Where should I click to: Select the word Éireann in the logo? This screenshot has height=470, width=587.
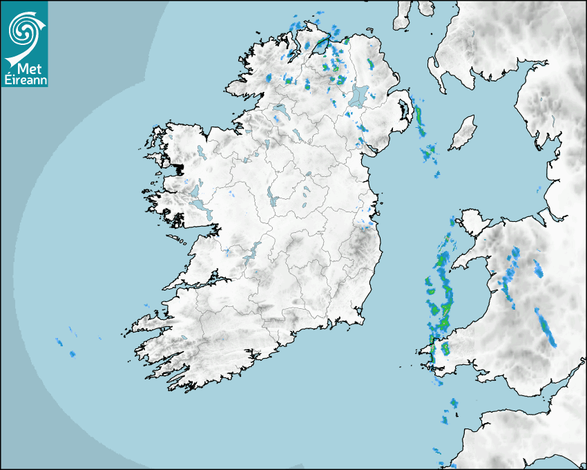(x=24, y=80)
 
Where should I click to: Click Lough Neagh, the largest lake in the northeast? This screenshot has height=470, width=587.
(x=359, y=95)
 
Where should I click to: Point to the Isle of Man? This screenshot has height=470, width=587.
(x=463, y=133)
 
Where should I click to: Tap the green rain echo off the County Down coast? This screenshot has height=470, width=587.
(x=419, y=117)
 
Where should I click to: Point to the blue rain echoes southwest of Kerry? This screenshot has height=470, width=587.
(x=66, y=346)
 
